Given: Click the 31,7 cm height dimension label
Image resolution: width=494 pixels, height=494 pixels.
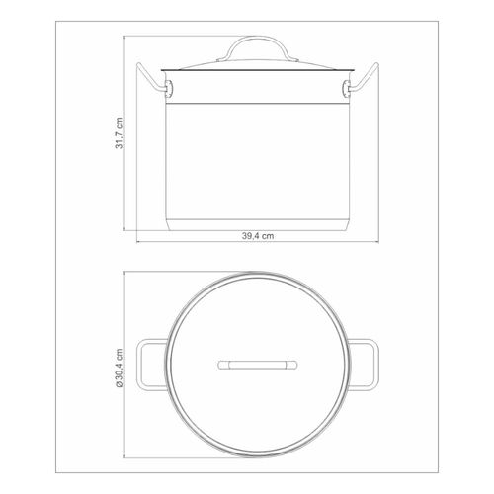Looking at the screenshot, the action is click(x=119, y=133).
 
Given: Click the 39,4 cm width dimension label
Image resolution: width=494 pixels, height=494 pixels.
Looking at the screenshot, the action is click(x=258, y=236).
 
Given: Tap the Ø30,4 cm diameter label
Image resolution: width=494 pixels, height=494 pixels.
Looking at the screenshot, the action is click(x=119, y=368).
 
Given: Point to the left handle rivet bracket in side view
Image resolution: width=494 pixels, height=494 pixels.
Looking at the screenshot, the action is click(x=168, y=88).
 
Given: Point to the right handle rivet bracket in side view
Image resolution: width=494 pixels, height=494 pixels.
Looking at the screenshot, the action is click(x=347, y=88).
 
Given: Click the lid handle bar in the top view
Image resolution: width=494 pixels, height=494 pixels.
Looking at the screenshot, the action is click(x=258, y=365).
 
